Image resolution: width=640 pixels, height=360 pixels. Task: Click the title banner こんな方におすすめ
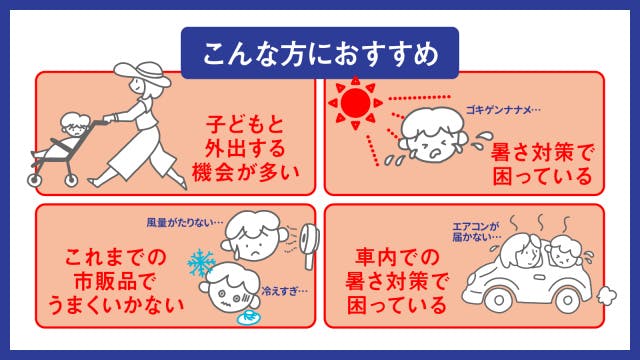click(x=320, y=53)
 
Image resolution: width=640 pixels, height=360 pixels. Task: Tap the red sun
click(x=356, y=103)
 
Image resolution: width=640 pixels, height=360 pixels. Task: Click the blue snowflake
click(x=201, y=263)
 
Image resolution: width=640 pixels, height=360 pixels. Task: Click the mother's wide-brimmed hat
click(x=142, y=73)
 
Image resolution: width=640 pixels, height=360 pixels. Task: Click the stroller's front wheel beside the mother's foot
click(x=71, y=180)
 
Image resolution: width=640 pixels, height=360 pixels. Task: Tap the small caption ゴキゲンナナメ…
click(x=503, y=110)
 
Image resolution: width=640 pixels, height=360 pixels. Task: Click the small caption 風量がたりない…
click(x=185, y=222)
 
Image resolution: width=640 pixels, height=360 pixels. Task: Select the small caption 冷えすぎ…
click(x=284, y=291)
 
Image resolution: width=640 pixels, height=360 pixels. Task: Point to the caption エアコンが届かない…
click(x=477, y=231)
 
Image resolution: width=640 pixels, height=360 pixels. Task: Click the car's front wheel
click(x=499, y=300)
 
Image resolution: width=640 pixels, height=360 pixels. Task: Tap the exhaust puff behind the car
click(x=607, y=295)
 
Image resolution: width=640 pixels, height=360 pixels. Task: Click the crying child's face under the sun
click(x=432, y=135)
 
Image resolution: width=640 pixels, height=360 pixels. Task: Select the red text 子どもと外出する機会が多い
click(x=245, y=148)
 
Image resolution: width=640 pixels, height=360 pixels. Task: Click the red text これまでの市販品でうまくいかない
click(x=116, y=281)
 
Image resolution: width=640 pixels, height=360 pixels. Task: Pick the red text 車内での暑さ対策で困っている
click(x=396, y=281)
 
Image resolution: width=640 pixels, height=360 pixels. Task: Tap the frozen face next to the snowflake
click(x=229, y=289)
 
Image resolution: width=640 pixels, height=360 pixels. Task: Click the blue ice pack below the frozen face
click(x=249, y=318)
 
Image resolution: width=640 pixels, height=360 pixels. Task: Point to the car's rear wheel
click(x=568, y=300)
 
